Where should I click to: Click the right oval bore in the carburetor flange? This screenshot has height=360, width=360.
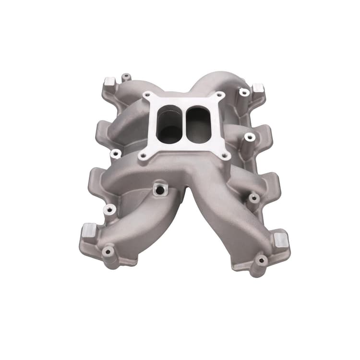[x=198, y=124]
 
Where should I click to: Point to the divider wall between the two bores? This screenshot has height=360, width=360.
[x=184, y=123]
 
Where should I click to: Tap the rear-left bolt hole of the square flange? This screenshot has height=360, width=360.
[x=147, y=95]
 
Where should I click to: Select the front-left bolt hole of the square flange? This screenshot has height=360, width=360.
[x=143, y=156]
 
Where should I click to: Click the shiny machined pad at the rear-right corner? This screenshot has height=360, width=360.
[x=258, y=88]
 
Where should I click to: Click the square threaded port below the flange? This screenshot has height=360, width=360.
[x=159, y=190]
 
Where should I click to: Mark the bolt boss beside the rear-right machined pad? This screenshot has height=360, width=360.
[x=244, y=92]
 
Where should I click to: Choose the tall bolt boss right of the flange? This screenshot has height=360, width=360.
[x=249, y=138]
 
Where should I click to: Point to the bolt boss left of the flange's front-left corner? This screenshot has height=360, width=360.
[x=115, y=154]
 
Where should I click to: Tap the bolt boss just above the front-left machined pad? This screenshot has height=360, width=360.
[x=110, y=209]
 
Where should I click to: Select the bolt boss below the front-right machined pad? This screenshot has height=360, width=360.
[x=261, y=261]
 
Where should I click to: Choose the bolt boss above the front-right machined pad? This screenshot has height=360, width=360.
[x=252, y=197]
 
